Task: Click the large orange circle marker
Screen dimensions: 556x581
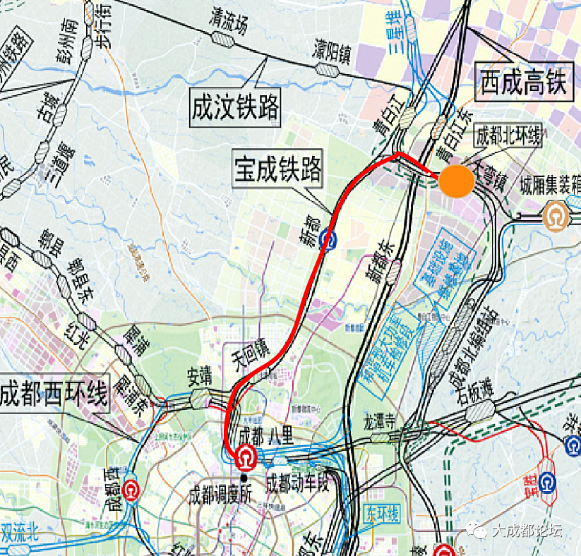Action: [456, 181]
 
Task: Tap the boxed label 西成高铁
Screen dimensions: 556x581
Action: [522, 82]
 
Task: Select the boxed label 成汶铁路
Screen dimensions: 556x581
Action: [235, 108]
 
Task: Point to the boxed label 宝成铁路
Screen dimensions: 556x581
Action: [278, 169]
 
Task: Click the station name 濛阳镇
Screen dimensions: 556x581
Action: [333, 51]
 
